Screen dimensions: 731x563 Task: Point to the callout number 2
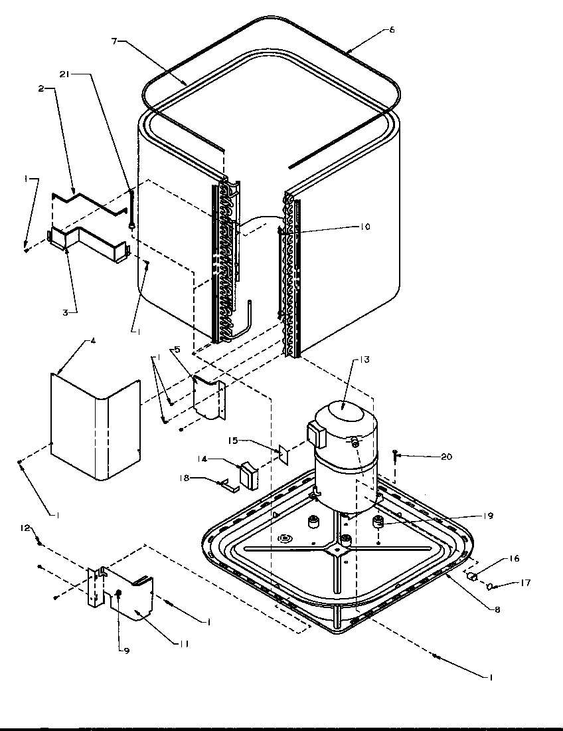(x=42, y=88)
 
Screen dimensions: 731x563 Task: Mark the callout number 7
(x=115, y=42)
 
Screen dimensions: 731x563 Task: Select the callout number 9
(x=126, y=651)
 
